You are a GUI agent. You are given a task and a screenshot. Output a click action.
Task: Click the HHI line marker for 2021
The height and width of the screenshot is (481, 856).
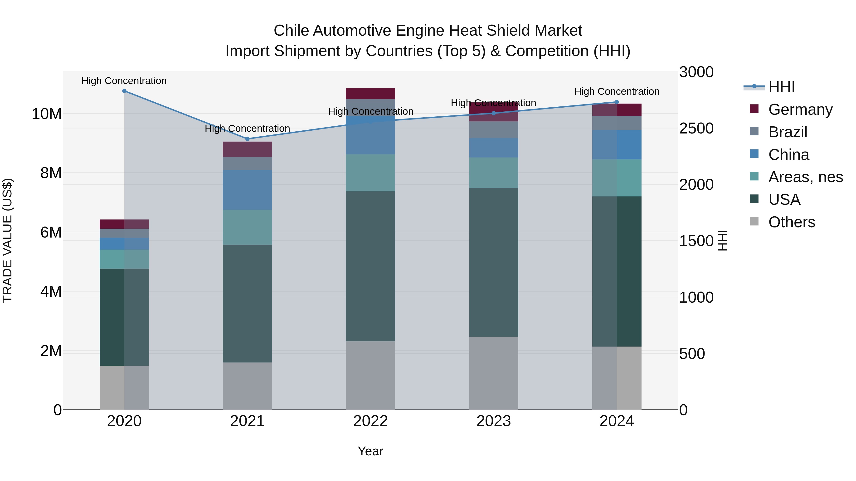point(247,139)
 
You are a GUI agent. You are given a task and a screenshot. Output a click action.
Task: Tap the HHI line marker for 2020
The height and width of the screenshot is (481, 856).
point(124,91)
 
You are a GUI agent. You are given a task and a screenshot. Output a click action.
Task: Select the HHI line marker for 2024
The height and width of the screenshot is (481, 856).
point(617,102)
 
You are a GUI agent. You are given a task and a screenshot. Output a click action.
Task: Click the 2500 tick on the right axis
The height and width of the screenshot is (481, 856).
point(696,129)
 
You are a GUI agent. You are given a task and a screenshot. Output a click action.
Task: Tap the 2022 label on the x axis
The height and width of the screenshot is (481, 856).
point(370,421)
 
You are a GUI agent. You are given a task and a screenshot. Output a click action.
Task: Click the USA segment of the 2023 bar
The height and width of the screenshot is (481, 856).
point(493,262)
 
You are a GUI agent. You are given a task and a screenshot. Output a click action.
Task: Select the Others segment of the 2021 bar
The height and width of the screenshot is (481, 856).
point(247,386)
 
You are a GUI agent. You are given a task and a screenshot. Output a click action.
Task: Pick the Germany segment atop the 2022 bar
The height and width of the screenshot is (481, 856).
point(370,94)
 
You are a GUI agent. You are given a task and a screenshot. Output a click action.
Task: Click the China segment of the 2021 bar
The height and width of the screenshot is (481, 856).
point(247,190)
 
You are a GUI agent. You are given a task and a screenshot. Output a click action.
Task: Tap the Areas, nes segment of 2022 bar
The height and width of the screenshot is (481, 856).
point(370,173)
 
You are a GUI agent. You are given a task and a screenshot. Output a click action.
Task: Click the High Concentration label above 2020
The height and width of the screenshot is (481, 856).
point(124,81)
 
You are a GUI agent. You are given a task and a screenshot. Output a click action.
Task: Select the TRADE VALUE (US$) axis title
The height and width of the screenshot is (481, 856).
point(7,240)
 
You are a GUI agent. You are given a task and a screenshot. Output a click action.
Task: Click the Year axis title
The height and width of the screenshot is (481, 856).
point(370,451)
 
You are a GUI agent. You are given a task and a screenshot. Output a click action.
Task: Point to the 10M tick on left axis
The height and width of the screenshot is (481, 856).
point(47,114)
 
